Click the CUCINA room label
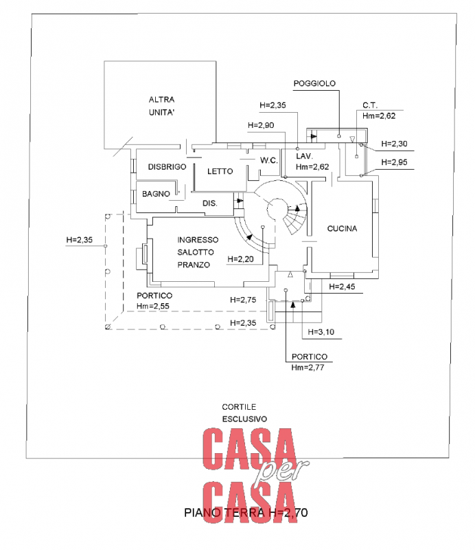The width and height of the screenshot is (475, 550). [x=342, y=229]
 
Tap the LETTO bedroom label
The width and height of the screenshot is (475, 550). [x=220, y=171]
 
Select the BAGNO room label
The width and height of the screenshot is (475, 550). [x=156, y=195]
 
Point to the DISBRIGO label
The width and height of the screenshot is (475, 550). [x=167, y=167]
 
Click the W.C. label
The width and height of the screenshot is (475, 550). [x=268, y=161]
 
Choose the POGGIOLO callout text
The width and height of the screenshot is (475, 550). [x=314, y=83]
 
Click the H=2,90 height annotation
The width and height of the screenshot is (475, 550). [x=261, y=125]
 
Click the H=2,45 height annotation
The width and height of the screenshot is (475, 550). [x=344, y=286]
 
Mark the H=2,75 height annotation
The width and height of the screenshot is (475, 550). [x=243, y=300]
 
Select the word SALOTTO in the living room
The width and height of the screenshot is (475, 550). [x=196, y=252]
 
